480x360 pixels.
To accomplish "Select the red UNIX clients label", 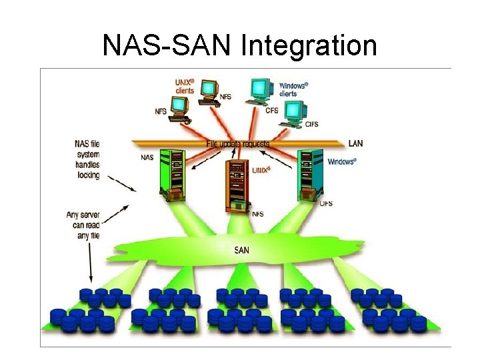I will tap(185, 86).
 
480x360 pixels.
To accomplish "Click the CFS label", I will tap(271, 111).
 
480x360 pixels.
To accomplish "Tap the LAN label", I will tap(355, 143).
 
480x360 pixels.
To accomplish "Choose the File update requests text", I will tap(238, 143).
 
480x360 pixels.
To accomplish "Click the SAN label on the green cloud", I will tap(242, 251).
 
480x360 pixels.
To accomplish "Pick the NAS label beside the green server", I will tap(147, 159).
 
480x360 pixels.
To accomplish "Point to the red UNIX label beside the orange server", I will tap(261, 170).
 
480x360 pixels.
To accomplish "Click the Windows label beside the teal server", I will tap(342, 161).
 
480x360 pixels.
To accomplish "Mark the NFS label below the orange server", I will tap(257, 214).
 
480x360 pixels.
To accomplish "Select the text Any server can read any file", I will tap(83, 225).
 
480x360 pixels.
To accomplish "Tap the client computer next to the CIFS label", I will tap(293, 113).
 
